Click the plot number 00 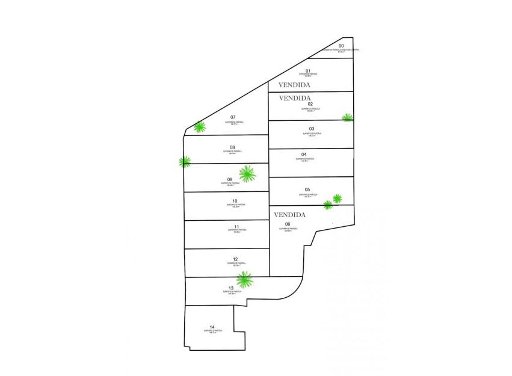(x=341, y=46)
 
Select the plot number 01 (x=308, y=71)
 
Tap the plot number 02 (x=310, y=104)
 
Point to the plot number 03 (x=312, y=129)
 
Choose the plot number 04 (x=304, y=155)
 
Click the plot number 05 (x=307, y=190)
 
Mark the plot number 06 (x=288, y=224)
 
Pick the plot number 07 (x=232, y=117)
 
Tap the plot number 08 (x=232, y=147)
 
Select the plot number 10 (x=235, y=200)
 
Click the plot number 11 (x=236, y=226)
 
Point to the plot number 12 (x=235, y=259)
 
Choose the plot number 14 (x=212, y=327)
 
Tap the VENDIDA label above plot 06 (x=290, y=214)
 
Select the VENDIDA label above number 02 (x=295, y=97)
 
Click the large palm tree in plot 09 (x=247, y=174)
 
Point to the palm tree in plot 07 (x=199, y=127)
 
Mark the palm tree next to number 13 (x=244, y=279)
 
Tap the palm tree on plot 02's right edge (x=347, y=117)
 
